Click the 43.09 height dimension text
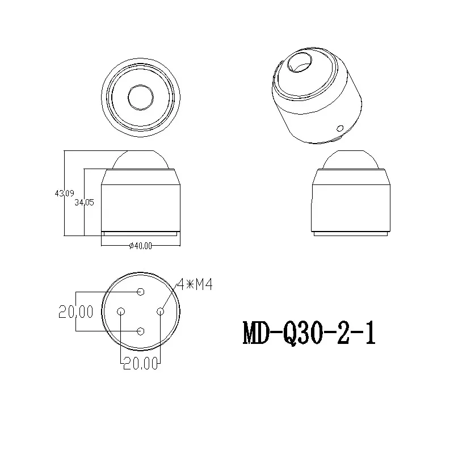[64, 193]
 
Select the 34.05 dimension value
[84, 203]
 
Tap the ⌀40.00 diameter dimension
[140, 246]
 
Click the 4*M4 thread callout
[195, 284]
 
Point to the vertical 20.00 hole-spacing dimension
[76, 312]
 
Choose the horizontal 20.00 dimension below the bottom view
[141, 363]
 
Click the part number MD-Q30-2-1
[309, 333]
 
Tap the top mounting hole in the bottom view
[141, 292]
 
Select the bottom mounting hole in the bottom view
[141, 331]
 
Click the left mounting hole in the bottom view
[121, 312]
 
